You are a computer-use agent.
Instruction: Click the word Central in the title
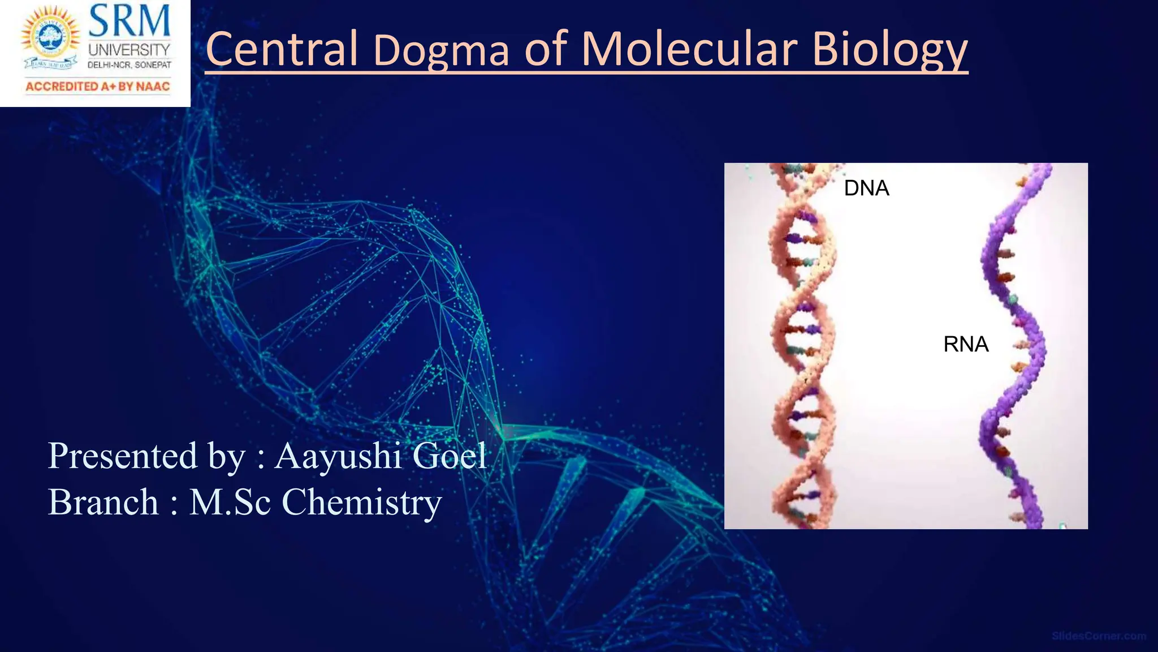282,49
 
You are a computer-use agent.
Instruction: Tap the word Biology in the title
889,51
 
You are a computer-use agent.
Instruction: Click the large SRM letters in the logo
129,22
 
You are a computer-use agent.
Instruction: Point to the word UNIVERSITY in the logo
129,50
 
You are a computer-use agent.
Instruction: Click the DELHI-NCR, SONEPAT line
129,65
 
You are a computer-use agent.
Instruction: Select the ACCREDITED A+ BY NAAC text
97,87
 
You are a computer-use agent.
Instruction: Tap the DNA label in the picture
866,188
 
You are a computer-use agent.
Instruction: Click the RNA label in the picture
966,344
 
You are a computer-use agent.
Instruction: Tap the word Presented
122,456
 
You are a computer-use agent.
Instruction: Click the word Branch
103,502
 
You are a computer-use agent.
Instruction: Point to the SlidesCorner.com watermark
1098,636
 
